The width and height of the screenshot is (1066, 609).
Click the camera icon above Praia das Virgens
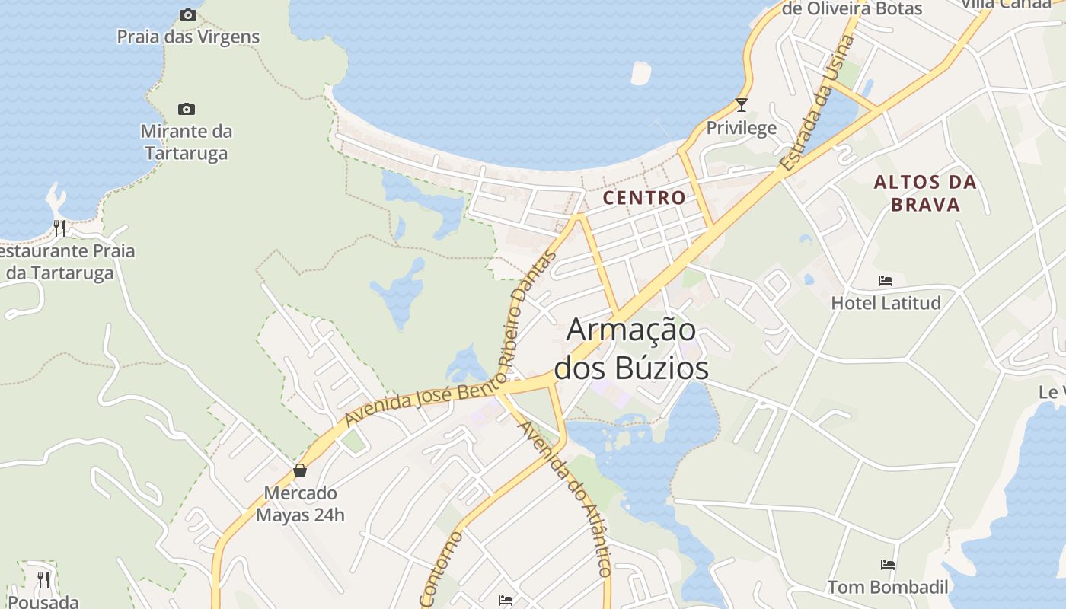point(187,14)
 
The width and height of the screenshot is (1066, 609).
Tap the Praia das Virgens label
point(188,37)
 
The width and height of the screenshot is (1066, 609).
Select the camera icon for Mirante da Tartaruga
point(187,109)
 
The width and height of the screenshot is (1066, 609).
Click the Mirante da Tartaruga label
point(187,142)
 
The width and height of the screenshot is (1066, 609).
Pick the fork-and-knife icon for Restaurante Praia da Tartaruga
point(59,227)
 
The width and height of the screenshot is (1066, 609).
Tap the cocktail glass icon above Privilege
point(742,105)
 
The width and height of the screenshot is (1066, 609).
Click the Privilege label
point(742,128)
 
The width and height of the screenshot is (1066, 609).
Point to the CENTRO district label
point(644,198)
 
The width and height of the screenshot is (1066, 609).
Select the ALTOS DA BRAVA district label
point(925,193)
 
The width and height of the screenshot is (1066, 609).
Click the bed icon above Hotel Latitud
point(886,280)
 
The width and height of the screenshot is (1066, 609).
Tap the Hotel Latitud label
point(886,303)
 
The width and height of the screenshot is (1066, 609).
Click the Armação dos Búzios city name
point(631,349)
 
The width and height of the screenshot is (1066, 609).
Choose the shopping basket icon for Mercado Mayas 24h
point(300,470)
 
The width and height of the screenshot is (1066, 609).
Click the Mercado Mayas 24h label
point(300,504)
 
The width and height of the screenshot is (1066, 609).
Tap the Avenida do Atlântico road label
point(565,499)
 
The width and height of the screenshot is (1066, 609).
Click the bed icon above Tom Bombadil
point(888,564)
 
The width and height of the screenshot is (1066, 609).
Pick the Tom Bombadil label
point(888,587)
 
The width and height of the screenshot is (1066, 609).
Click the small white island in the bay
point(641,72)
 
